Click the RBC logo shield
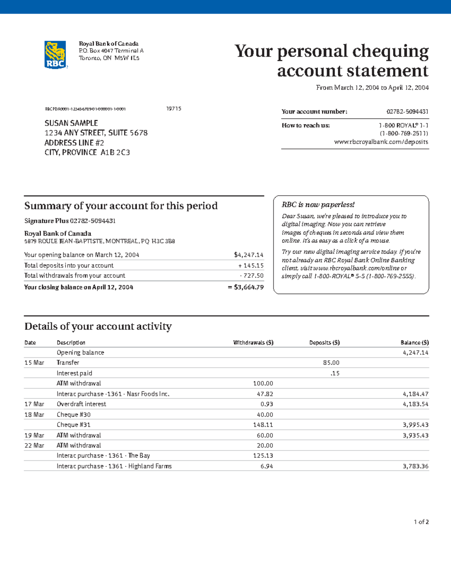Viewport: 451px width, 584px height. coord(56,55)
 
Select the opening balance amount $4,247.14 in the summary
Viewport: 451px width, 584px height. coord(248,255)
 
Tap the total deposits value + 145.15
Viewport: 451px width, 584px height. coord(251,265)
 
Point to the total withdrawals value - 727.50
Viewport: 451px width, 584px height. coord(251,276)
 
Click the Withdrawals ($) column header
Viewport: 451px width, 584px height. coord(253,343)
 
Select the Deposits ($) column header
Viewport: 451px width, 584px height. coord(324,343)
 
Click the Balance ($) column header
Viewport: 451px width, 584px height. coord(415,343)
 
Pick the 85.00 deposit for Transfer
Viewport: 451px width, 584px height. coord(331,363)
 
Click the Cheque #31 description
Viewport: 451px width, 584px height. coord(74,425)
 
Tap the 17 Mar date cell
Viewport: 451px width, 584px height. coord(34,404)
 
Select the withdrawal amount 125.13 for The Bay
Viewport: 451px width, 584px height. coord(263,456)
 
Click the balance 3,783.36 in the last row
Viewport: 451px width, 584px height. coord(415,466)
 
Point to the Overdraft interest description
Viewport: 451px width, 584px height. coord(81,404)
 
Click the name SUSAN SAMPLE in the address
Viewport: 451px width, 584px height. coord(71,123)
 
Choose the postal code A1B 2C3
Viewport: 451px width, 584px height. coord(115,153)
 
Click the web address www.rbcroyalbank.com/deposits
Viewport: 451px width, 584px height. coord(381,142)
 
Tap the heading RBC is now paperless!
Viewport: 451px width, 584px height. coord(318,205)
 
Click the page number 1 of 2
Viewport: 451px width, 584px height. coord(421,522)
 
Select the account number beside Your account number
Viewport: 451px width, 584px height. coord(407,112)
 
